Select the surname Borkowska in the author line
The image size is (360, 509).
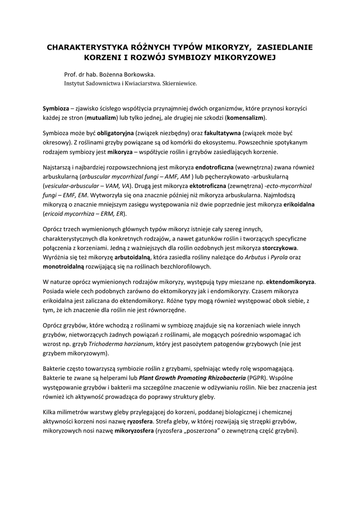point(131,75)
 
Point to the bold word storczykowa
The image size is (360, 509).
point(280,248)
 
